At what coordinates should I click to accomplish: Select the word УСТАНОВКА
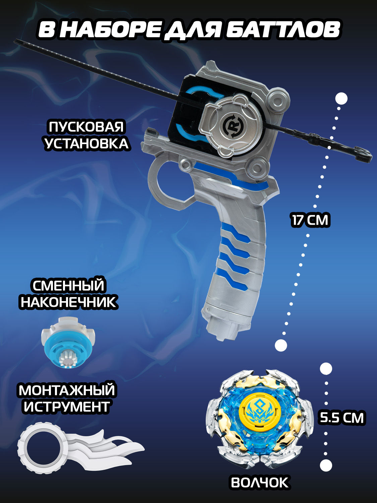[86, 144]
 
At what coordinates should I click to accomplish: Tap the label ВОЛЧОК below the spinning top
[260, 483]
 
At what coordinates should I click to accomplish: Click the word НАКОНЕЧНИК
[68, 302]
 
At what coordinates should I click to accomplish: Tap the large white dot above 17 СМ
[341, 99]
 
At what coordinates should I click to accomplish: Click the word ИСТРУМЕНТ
[67, 407]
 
